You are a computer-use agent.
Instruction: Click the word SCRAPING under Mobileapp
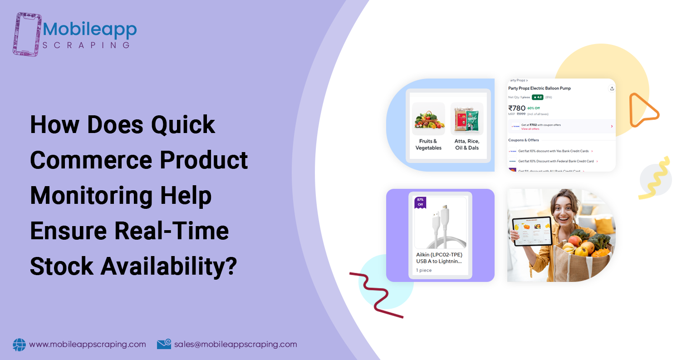86,45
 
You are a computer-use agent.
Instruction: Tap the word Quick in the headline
183,124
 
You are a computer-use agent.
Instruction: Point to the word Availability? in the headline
168,266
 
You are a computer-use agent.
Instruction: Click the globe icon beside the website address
20,345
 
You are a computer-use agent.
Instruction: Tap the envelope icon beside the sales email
164,344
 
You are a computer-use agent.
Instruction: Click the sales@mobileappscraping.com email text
236,344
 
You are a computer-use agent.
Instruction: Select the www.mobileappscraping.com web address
88,344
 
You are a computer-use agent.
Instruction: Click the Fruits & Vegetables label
428,144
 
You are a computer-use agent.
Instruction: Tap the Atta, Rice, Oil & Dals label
467,144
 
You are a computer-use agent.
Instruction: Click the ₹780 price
517,108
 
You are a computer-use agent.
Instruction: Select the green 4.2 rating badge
537,97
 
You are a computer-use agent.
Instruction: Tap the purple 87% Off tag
420,202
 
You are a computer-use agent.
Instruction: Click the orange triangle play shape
641,110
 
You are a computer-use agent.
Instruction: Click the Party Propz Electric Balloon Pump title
539,88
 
